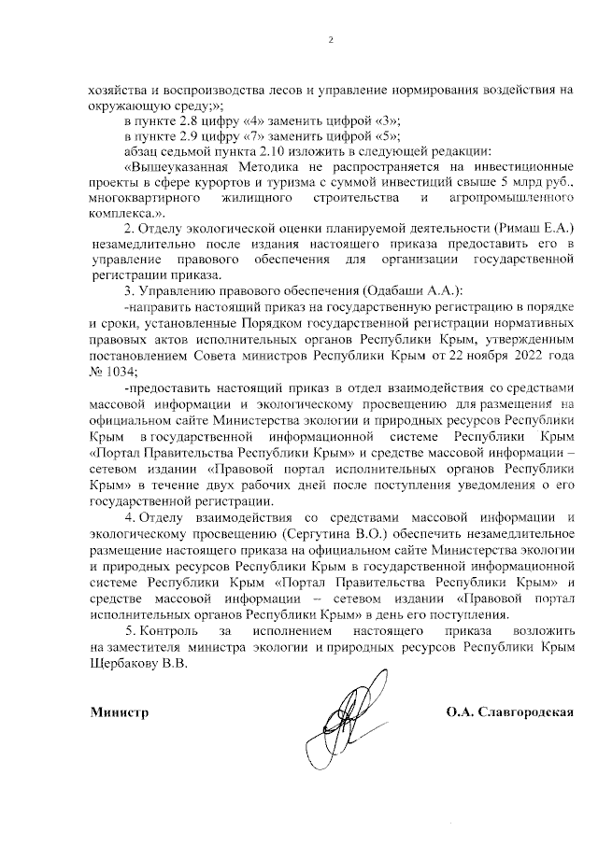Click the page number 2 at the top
click(331, 39)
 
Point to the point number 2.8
click(198, 121)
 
